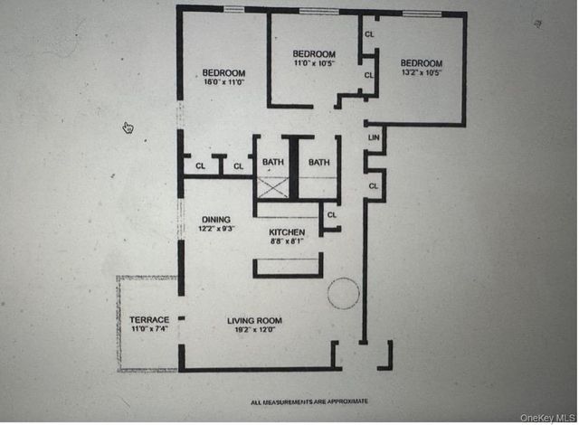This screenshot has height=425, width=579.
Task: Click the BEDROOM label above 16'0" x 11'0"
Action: point(223,72)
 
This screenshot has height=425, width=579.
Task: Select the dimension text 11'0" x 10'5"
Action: point(314,63)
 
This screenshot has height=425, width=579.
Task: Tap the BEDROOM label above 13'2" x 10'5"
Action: point(422,63)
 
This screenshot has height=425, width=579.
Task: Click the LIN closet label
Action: point(373,137)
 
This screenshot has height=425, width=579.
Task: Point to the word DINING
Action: point(215,219)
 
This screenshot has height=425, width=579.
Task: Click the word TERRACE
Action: point(149,320)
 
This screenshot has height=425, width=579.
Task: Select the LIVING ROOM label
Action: point(254,320)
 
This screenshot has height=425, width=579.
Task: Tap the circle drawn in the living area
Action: point(343,293)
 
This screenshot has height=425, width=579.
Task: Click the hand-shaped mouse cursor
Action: point(128,127)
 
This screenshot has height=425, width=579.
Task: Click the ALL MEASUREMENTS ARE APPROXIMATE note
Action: point(308,401)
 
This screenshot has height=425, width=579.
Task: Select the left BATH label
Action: point(272,163)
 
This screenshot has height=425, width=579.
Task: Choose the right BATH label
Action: point(319,163)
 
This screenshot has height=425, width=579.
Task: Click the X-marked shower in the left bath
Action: point(271,188)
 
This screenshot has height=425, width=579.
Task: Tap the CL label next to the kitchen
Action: point(331,215)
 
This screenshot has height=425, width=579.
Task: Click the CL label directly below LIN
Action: point(373,185)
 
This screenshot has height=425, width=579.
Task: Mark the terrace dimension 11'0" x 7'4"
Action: point(149,330)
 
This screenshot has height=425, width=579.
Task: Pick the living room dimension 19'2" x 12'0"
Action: point(254,330)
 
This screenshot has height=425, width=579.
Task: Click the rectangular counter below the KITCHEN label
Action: point(288,267)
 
